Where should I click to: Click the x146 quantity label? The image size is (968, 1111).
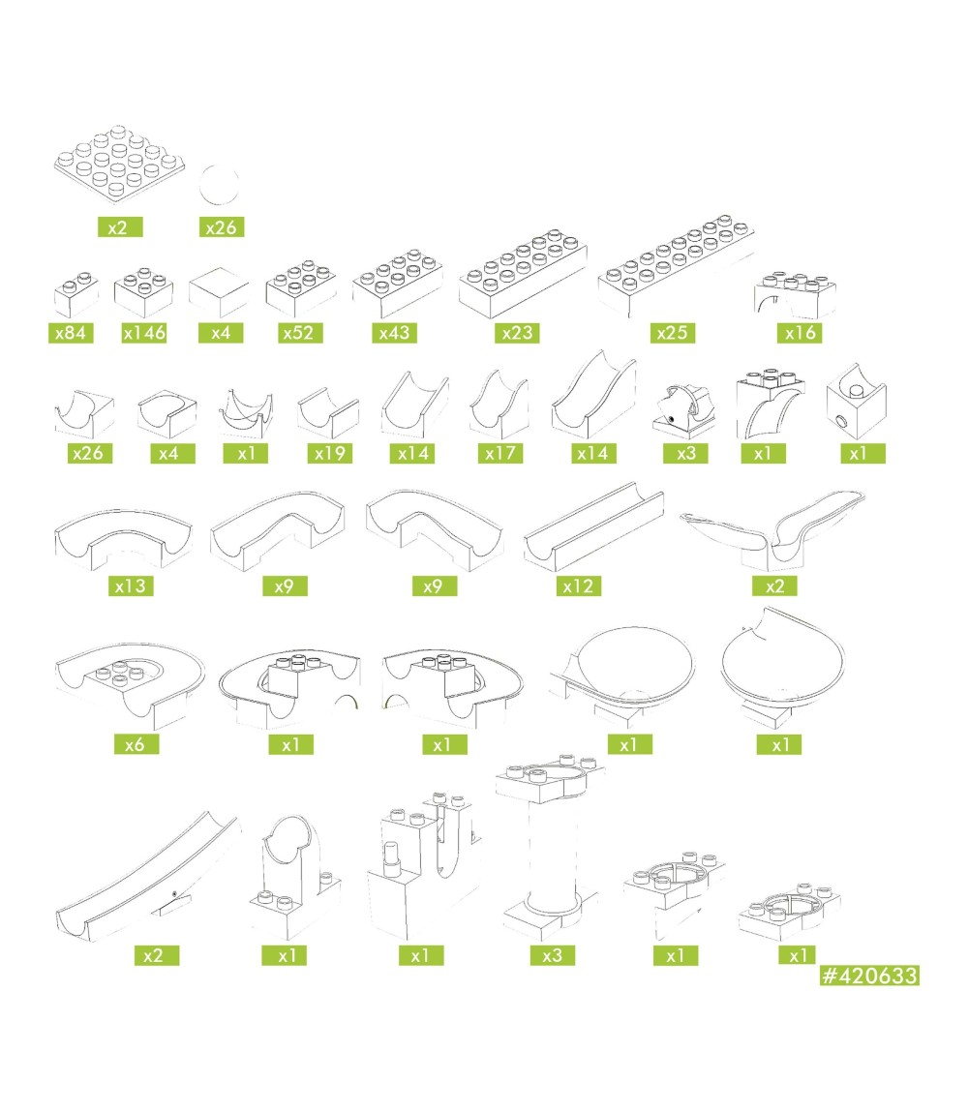[x=144, y=332]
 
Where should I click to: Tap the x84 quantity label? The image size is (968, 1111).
[x=71, y=332]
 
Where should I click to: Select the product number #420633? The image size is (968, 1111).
[x=869, y=975]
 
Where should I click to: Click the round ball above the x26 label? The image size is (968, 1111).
[x=219, y=185]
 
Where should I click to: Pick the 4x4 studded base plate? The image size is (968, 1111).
[x=119, y=163]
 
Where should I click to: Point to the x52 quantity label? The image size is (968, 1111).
[x=300, y=332]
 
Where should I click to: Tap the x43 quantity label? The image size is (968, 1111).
[x=394, y=332]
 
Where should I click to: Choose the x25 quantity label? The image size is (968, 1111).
[x=673, y=332]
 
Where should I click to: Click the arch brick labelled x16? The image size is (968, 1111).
[x=795, y=294]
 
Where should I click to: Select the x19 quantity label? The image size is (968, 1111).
[x=330, y=453]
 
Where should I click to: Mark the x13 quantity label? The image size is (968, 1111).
[x=131, y=586]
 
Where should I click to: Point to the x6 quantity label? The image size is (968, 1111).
[x=136, y=744]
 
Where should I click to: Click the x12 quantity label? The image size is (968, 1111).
[x=578, y=586]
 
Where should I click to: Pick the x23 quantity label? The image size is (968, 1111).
[x=517, y=332]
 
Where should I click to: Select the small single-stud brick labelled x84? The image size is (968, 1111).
[x=76, y=294]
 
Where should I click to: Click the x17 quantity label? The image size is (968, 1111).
[x=500, y=453]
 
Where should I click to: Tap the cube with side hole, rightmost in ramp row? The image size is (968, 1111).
[x=856, y=401]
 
